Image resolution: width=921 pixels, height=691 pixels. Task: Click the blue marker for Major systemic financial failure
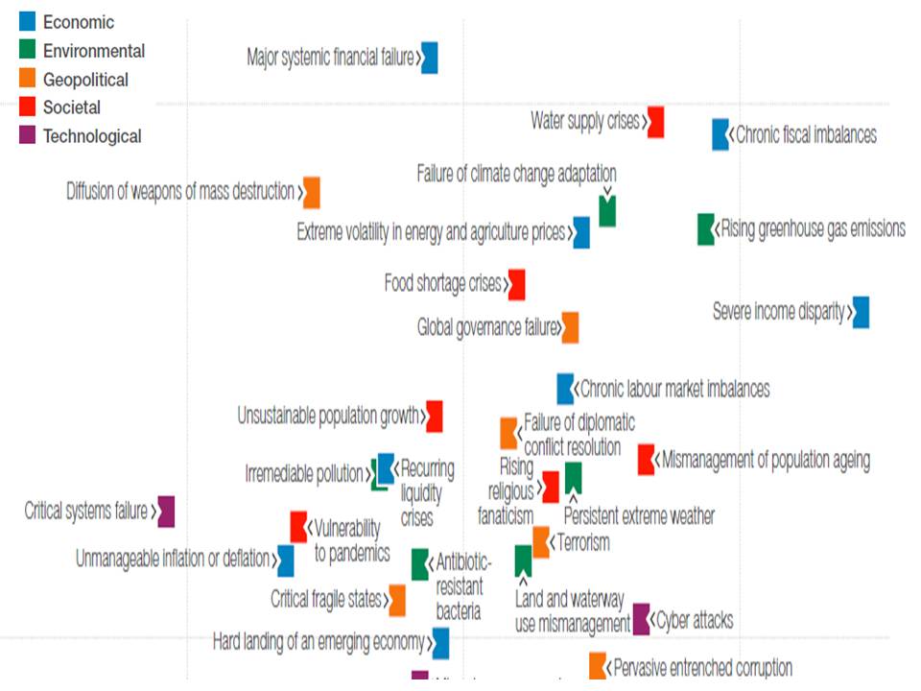[430, 58]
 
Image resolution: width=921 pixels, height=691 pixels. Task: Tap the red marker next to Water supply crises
[655, 122]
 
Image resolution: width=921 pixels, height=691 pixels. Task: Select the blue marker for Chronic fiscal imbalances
[720, 134]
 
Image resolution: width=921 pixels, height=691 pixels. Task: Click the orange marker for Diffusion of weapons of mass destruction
[312, 192]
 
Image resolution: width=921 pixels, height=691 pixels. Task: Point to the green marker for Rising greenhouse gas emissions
[706, 229]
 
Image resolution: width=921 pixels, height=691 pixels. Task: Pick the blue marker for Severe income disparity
[861, 312]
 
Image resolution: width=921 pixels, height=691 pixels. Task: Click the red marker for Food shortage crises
[516, 284]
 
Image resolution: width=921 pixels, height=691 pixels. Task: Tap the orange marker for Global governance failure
[570, 327]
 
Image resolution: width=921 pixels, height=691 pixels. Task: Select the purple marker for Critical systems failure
[166, 512]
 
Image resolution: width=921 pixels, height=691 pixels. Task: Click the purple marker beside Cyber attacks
[642, 619]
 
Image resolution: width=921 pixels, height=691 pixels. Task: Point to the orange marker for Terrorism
[541, 542]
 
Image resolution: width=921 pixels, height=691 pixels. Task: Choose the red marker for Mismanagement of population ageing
[647, 460]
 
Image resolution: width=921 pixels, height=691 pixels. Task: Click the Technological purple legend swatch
[28, 136]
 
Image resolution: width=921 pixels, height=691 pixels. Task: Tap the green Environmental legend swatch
[28, 51]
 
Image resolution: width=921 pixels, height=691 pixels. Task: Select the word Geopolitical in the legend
[85, 80]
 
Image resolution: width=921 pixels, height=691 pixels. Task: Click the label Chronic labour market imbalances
[675, 389]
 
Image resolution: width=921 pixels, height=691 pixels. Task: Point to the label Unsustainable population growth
[329, 417]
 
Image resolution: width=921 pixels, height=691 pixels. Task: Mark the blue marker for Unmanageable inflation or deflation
[285, 560]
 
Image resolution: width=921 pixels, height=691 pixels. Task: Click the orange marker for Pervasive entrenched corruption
[598, 666]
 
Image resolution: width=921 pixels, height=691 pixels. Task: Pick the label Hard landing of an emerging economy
[318, 642]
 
